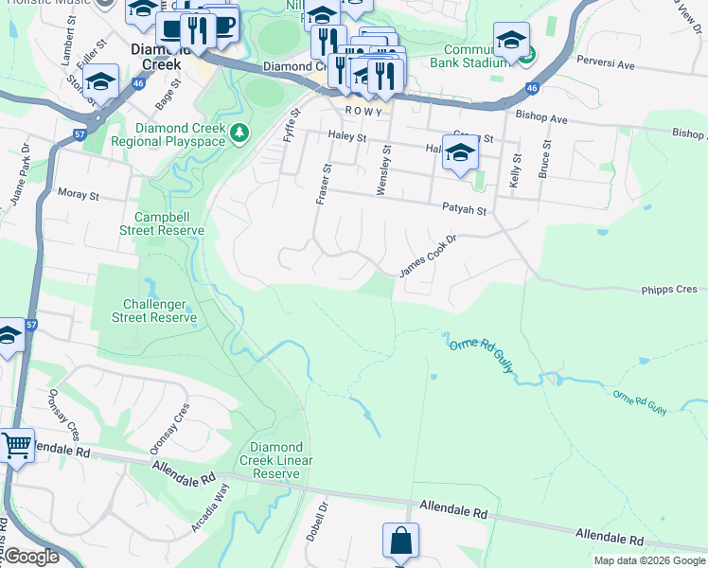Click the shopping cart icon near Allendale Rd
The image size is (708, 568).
tap(16, 444)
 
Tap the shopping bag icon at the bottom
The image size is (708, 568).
tap(400, 541)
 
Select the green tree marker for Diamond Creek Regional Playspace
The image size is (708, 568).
tap(240, 132)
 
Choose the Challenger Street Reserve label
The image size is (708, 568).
tap(160, 311)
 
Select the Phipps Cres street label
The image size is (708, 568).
tap(667, 289)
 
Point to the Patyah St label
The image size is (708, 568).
tap(463, 209)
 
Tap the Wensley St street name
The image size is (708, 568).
tap(384, 170)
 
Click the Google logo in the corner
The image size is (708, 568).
tap(31, 556)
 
